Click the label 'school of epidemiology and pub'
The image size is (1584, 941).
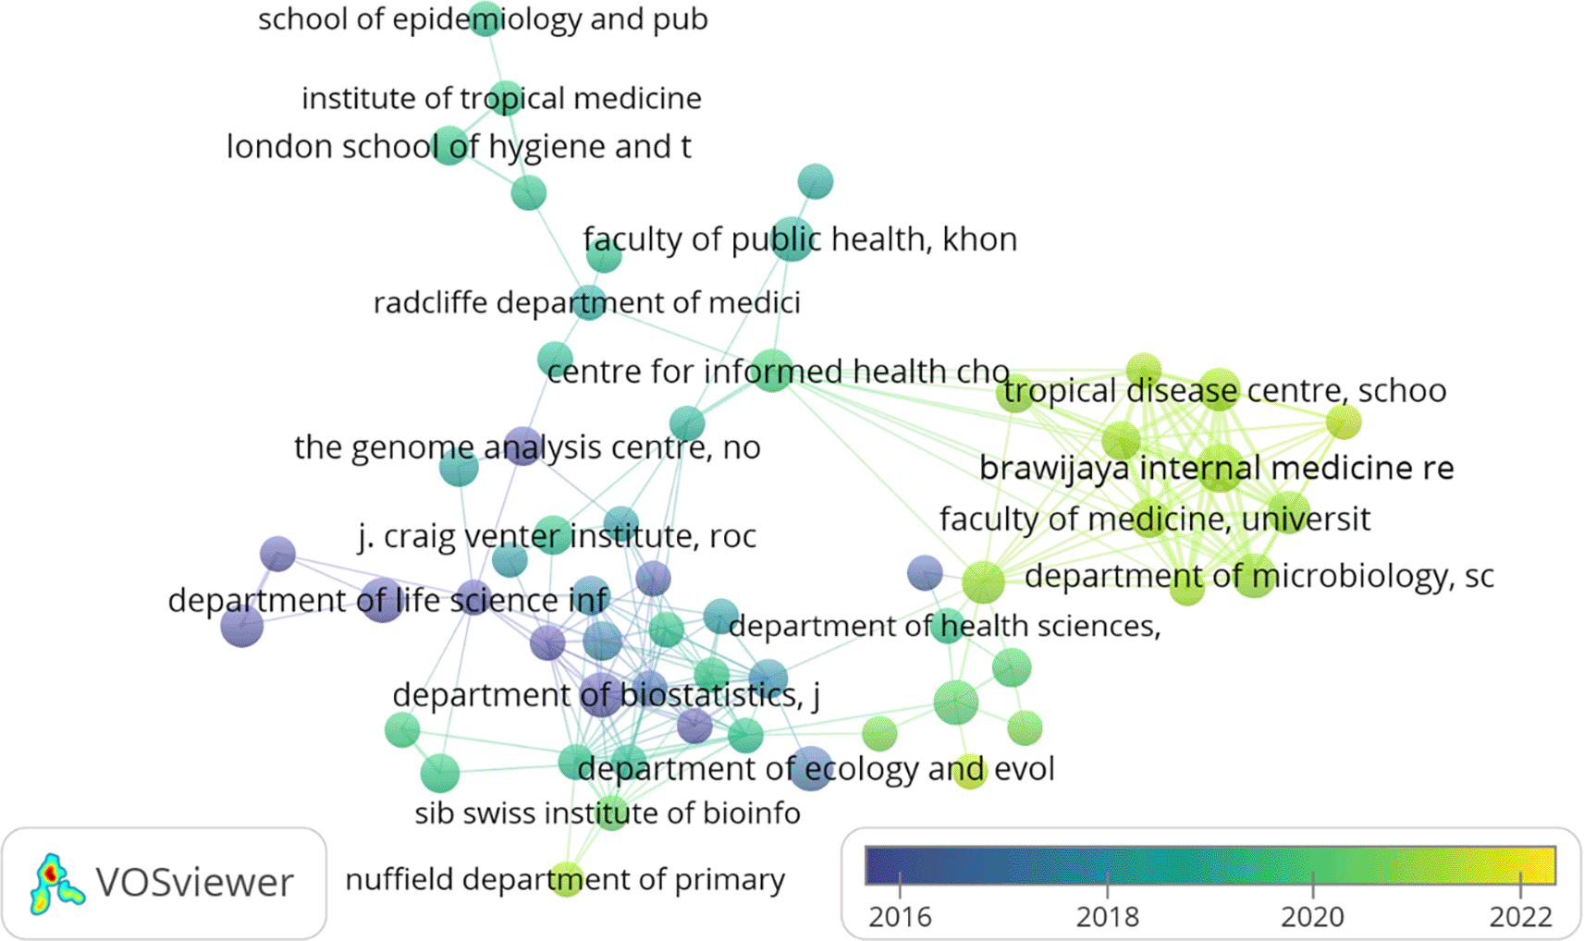pos(483,19)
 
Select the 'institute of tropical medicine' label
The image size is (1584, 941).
pos(501,98)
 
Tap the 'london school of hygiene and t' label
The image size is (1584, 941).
pos(459,147)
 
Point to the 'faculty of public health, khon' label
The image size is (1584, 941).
pos(800,239)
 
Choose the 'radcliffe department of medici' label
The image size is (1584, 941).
pos(586,303)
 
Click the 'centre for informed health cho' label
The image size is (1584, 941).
pos(778,372)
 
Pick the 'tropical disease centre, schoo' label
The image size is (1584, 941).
pos(1224,391)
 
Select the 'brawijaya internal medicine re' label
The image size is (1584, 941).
pos(1216,468)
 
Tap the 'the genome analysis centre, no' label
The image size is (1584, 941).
pos(527,447)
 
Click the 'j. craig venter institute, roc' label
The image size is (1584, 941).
pos(557,536)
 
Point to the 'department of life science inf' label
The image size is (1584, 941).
pos(388,601)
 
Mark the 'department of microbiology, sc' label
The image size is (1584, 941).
pos(1259,577)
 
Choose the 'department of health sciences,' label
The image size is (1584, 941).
pos(944,627)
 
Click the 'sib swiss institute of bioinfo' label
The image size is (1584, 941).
pos(607,813)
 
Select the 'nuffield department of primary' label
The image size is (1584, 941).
pos(564,880)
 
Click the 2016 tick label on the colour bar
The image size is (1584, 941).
pos(900,917)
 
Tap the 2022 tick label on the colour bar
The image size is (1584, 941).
pos(1520,917)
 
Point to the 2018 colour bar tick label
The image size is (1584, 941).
pos(1107,917)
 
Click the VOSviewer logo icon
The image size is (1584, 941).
pos(55,884)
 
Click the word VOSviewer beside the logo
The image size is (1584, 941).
pos(194,883)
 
